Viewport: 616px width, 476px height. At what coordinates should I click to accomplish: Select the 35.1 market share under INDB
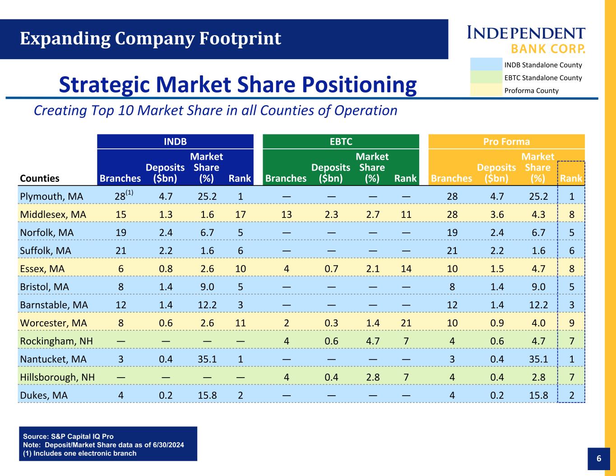(x=207, y=359)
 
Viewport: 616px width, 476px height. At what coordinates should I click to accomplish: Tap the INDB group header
(x=175, y=141)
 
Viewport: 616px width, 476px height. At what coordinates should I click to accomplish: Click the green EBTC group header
(x=341, y=141)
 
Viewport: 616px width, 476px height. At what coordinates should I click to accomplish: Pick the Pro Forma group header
(x=506, y=141)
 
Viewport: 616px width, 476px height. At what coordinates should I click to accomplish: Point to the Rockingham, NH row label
(x=56, y=341)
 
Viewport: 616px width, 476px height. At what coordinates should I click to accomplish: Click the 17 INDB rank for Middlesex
(x=240, y=214)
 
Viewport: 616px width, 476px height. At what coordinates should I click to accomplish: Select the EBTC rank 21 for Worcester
(x=406, y=323)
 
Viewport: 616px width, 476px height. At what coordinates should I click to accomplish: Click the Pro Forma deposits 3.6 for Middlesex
(x=497, y=214)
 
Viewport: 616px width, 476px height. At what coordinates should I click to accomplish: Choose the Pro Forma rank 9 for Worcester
(x=572, y=323)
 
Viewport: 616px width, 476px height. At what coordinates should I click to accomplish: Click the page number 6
(x=599, y=459)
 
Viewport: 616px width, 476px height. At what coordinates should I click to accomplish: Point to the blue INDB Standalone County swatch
(x=486, y=65)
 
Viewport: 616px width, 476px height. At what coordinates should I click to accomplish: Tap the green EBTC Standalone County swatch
(x=486, y=78)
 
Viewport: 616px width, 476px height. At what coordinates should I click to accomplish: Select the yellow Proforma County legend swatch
(x=486, y=90)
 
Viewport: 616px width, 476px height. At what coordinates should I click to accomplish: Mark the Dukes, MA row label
(x=44, y=395)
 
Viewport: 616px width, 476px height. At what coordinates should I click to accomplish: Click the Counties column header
(x=40, y=178)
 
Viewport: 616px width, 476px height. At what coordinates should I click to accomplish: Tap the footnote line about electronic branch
(x=79, y=453)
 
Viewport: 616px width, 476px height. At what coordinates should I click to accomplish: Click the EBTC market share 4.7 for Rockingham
(x=372, y=341)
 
